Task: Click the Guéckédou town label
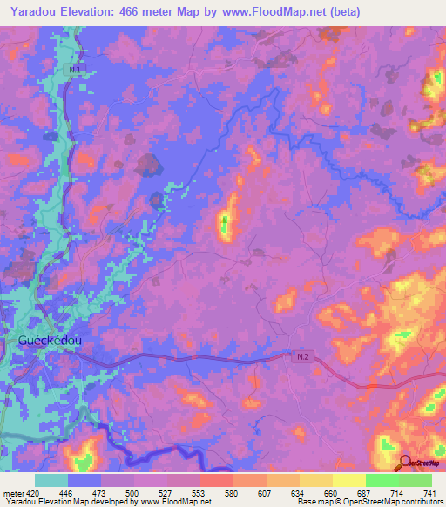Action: [50, 341]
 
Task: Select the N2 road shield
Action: [301, 356]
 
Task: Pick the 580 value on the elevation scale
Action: [233, 493]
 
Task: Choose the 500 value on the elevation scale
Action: [133, 493]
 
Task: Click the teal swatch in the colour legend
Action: [51, 480]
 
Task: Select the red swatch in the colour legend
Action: [216, 480]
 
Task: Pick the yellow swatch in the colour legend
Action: [348, 480]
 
